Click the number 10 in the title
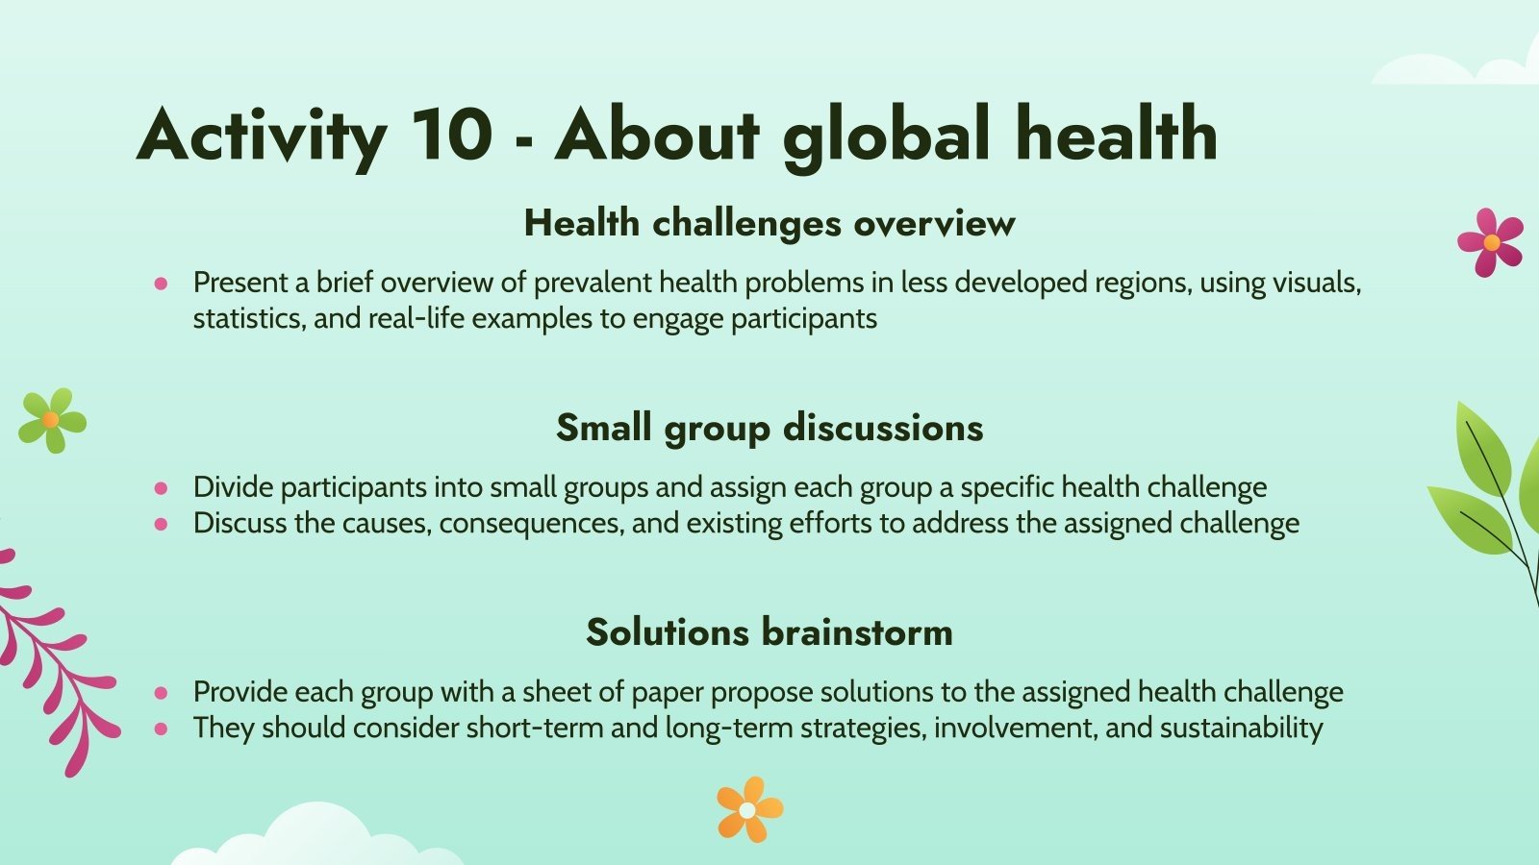(451, 134)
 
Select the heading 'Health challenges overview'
(769, 223)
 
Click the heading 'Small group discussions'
(769, 428)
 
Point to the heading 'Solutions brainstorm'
(769, 632)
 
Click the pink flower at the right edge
(1490, 242)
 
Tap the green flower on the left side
(52, 420)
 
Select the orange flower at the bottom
(749, 810)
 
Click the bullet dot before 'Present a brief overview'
(161, 284)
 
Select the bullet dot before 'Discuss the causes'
(161, 524)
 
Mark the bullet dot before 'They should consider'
(161, 729)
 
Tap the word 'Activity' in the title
(262, 136)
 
